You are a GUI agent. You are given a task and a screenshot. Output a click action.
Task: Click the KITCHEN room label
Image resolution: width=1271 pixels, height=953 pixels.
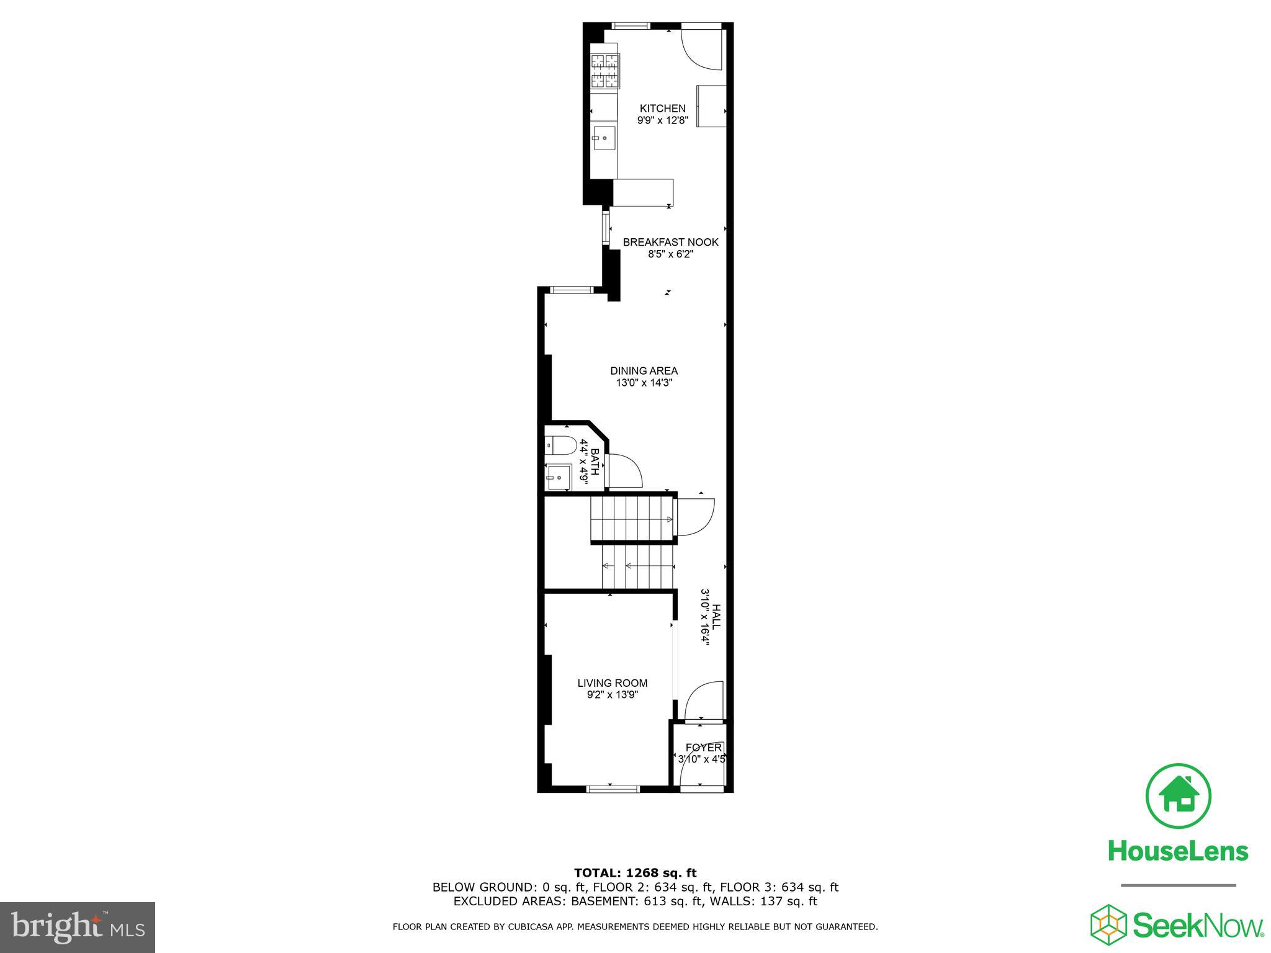[662, 109]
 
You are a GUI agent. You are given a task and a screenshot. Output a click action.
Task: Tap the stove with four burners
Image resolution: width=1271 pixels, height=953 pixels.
[604, 71]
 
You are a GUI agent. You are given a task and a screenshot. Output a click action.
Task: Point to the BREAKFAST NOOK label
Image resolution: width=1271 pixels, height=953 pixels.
[670, 243]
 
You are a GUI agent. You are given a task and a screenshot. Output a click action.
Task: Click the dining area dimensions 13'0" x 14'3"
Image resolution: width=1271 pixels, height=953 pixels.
[644, 383]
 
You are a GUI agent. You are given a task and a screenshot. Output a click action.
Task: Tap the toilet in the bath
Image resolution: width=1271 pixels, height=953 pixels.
[560, 445]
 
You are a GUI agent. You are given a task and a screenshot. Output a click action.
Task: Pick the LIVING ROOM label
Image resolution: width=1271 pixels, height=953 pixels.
[612, 683]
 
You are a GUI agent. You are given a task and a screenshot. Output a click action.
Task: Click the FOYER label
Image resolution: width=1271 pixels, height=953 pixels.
[703, 748]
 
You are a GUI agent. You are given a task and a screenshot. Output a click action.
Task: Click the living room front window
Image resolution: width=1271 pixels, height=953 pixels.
[613, 789]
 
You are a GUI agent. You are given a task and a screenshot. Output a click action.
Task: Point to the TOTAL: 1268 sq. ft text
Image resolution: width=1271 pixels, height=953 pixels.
[635, 874]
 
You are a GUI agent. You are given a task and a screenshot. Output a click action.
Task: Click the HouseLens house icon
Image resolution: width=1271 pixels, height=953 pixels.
[1177, 796]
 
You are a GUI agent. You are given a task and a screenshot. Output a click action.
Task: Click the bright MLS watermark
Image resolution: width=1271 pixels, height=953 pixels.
[77, 927]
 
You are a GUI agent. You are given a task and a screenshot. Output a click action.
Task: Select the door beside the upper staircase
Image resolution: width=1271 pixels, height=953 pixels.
[695, 517]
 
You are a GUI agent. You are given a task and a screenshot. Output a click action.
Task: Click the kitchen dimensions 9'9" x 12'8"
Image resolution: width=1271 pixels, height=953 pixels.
[662, 121]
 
